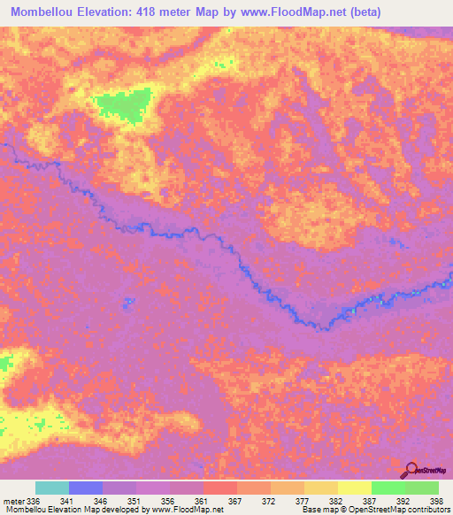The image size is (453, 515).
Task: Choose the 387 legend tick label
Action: point(371,500)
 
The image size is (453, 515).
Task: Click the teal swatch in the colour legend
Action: point(52,488)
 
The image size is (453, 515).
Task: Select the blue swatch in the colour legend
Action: point(86,488)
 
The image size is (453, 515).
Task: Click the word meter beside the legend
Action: point(12,500)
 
